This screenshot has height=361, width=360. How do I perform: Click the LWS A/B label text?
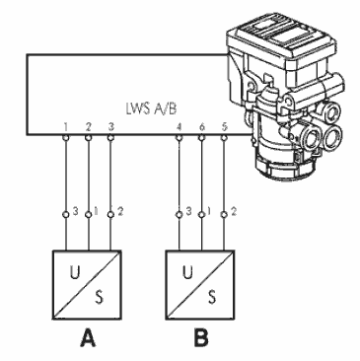point(151,108)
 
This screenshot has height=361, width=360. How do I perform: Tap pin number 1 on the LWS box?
point(66,127)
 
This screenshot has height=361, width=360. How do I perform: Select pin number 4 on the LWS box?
point(180,127)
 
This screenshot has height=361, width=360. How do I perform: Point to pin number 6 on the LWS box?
point(202,127)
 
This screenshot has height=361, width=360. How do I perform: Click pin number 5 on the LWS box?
point(224,127)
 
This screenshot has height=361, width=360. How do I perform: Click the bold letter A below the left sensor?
point(88,338)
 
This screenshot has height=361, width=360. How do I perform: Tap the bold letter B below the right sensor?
point(201,338)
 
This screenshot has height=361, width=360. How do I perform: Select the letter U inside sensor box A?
point(75,272)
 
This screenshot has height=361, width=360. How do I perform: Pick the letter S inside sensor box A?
point(99,296)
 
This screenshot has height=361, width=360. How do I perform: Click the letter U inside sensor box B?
point(187,272)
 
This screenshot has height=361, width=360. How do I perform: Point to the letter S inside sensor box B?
point(212,296)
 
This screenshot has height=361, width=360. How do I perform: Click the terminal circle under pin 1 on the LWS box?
point(66,138)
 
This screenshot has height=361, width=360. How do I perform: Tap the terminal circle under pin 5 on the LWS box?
point(224,138)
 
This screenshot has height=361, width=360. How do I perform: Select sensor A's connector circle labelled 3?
point(66,215)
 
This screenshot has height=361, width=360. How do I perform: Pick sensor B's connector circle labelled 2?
point(224,215)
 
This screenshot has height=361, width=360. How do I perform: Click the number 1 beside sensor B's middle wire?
point(209,212)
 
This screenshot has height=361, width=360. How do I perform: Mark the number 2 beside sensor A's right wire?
point(120,212)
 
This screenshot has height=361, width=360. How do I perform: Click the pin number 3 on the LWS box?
point(111,127)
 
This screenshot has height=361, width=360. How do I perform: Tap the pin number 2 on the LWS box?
point(88,127)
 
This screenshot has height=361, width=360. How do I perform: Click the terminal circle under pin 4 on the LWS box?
point(180,138)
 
